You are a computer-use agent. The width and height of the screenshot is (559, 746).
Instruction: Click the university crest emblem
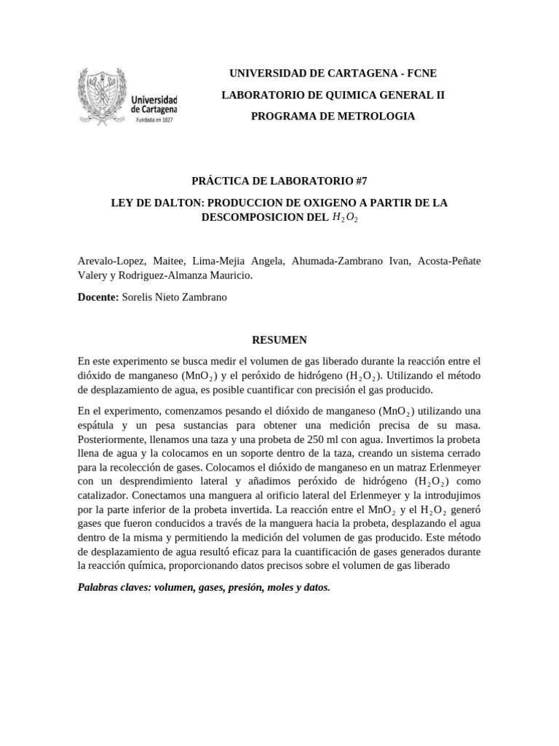tap(103, 97)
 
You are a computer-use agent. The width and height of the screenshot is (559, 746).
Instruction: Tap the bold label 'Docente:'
tap(98, 298)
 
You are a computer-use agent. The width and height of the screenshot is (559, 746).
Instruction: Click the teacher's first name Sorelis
tap(139, 298)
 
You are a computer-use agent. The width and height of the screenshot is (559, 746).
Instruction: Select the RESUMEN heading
tap(279, 339)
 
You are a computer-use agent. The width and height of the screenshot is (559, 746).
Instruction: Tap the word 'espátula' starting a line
tap(98, 425)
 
